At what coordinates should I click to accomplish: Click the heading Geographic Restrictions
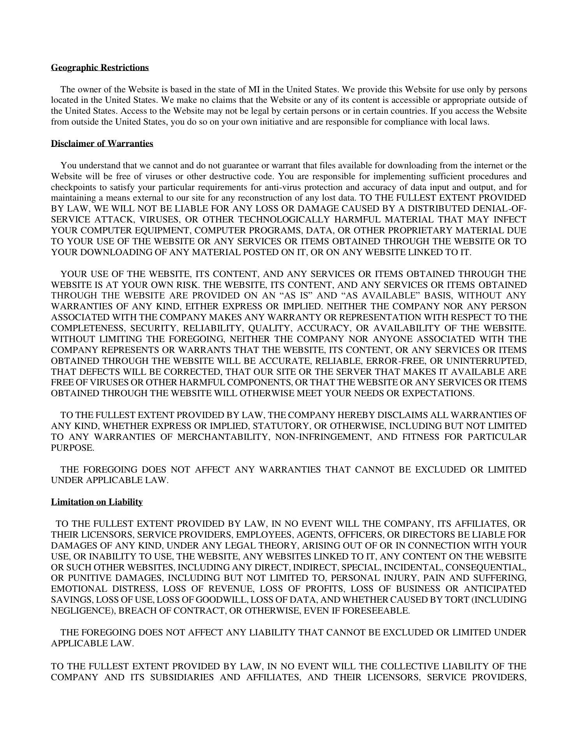(x=100, y=68)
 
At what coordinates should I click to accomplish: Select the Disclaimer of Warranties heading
(x=102, y=144)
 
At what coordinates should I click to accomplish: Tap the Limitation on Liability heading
(x=97, y=502)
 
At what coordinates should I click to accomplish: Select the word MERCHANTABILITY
(x=223, y=437)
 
